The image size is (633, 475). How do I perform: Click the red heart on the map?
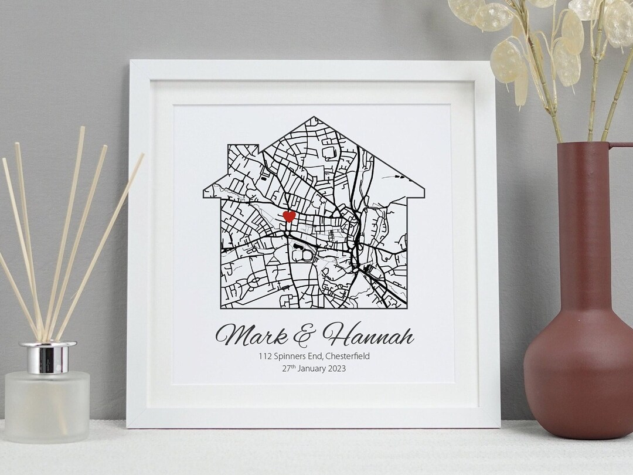pyautogui.click(x=289, y=216)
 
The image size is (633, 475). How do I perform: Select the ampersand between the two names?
pyautogui.click(x=304, y=335)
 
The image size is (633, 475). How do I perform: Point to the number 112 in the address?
pyautogui.click(x=266, y=356)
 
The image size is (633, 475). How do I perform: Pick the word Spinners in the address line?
pyautogui.click(x=290, y=356)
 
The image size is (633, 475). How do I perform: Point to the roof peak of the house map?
pyautogui.click(x=315, y=118)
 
